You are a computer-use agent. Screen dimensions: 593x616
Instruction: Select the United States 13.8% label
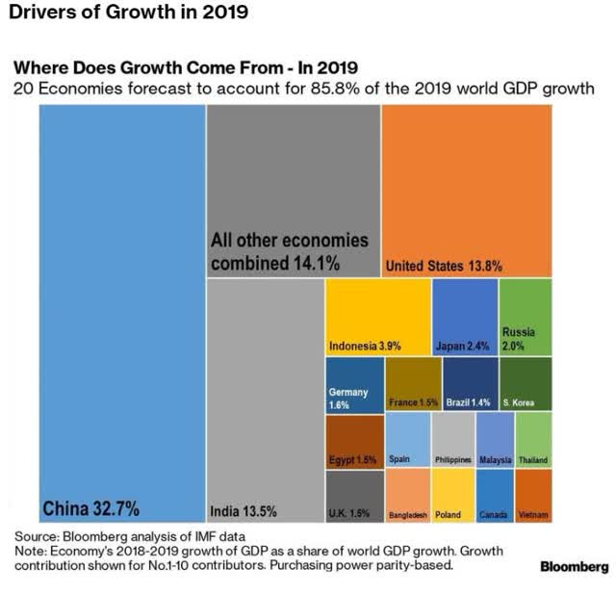443,266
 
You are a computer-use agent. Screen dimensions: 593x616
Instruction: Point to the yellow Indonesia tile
377,318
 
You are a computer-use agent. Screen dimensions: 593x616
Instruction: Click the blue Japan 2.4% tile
465,318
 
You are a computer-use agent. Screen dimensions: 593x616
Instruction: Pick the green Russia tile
526,318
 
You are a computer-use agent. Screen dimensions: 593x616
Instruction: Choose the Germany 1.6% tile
354,385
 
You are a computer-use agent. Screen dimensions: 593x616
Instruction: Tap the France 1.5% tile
413,385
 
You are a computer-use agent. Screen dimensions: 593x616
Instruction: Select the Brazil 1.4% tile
470,385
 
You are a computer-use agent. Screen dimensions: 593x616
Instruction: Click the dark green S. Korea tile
526,385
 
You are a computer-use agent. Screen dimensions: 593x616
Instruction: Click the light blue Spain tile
407,440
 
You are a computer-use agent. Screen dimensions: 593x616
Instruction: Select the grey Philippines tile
453,440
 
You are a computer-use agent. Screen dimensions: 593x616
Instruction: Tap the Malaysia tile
496,440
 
